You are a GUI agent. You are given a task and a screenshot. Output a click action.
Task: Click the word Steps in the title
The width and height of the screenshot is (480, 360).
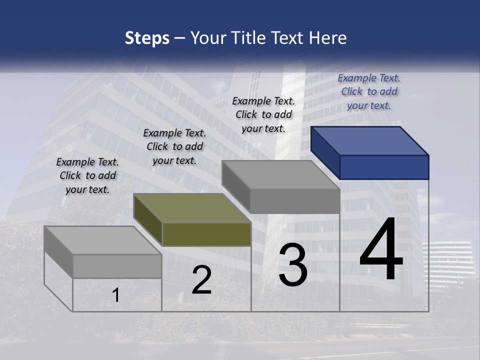[147, 38]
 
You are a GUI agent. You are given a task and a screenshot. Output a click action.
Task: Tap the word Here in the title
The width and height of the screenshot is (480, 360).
[328, 38]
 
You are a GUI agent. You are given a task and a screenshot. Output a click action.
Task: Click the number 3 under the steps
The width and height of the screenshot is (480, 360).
[293, 265]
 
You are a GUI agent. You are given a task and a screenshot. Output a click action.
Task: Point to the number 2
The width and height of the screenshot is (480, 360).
[201, 280]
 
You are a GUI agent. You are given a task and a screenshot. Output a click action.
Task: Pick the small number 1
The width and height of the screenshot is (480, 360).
[116, 295]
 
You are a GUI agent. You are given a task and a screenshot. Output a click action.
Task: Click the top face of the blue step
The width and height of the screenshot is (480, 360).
[370, 140]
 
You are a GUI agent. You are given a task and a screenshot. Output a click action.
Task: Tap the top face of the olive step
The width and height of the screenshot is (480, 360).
[192, 208]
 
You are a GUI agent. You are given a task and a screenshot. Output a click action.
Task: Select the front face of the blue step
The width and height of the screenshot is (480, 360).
[384, 167]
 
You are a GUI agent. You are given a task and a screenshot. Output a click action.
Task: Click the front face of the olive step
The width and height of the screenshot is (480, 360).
[206, 234]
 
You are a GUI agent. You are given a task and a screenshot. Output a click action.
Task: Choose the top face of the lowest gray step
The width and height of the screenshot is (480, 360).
[102, 240]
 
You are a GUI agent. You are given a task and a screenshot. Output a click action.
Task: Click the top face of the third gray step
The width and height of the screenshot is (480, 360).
[281, 175]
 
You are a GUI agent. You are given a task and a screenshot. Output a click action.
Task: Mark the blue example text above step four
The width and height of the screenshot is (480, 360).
[369, 91]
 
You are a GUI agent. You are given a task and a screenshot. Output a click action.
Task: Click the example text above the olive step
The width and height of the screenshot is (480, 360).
[174, 146]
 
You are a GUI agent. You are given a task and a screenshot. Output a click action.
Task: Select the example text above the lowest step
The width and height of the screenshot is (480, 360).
[87, 175]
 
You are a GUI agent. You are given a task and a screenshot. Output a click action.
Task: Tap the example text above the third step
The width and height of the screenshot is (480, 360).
[263, 114]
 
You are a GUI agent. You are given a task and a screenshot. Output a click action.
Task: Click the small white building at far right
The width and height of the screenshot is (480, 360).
[447, 262]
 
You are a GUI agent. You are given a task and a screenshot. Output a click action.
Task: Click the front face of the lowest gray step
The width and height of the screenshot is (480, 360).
[117, 266]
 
